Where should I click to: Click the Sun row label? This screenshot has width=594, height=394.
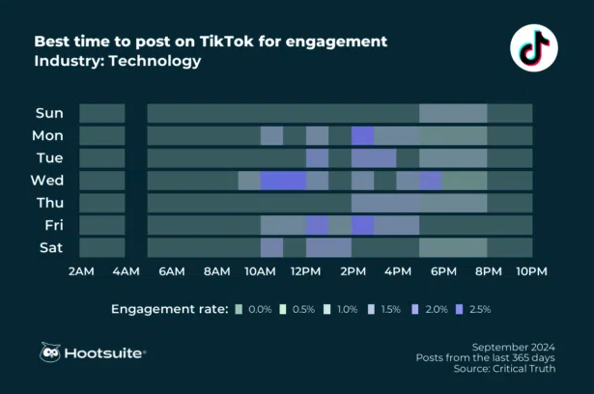click(49, 113)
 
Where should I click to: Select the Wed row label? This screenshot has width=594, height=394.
click(48, 180)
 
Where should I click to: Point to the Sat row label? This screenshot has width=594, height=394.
click(50, 247)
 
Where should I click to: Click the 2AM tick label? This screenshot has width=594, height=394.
click(80, 271)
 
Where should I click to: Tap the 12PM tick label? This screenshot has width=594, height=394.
click(305, 271)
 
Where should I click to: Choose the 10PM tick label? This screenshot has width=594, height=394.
click(531, 271)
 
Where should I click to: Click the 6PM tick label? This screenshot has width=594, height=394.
click(441, 271)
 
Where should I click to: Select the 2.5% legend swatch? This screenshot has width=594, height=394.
click(460, 309)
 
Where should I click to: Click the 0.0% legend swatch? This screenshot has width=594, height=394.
click(239, 309)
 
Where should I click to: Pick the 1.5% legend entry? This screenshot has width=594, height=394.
click(383, 309)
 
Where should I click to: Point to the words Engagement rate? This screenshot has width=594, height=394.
click(169, 309)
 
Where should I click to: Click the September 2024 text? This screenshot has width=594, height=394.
click(513, 346)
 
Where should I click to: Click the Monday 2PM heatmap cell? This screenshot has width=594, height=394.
click(362, 135)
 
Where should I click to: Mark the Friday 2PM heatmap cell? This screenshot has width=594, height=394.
click(362, 225)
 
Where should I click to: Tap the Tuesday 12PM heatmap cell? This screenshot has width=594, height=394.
click(317, 157)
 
